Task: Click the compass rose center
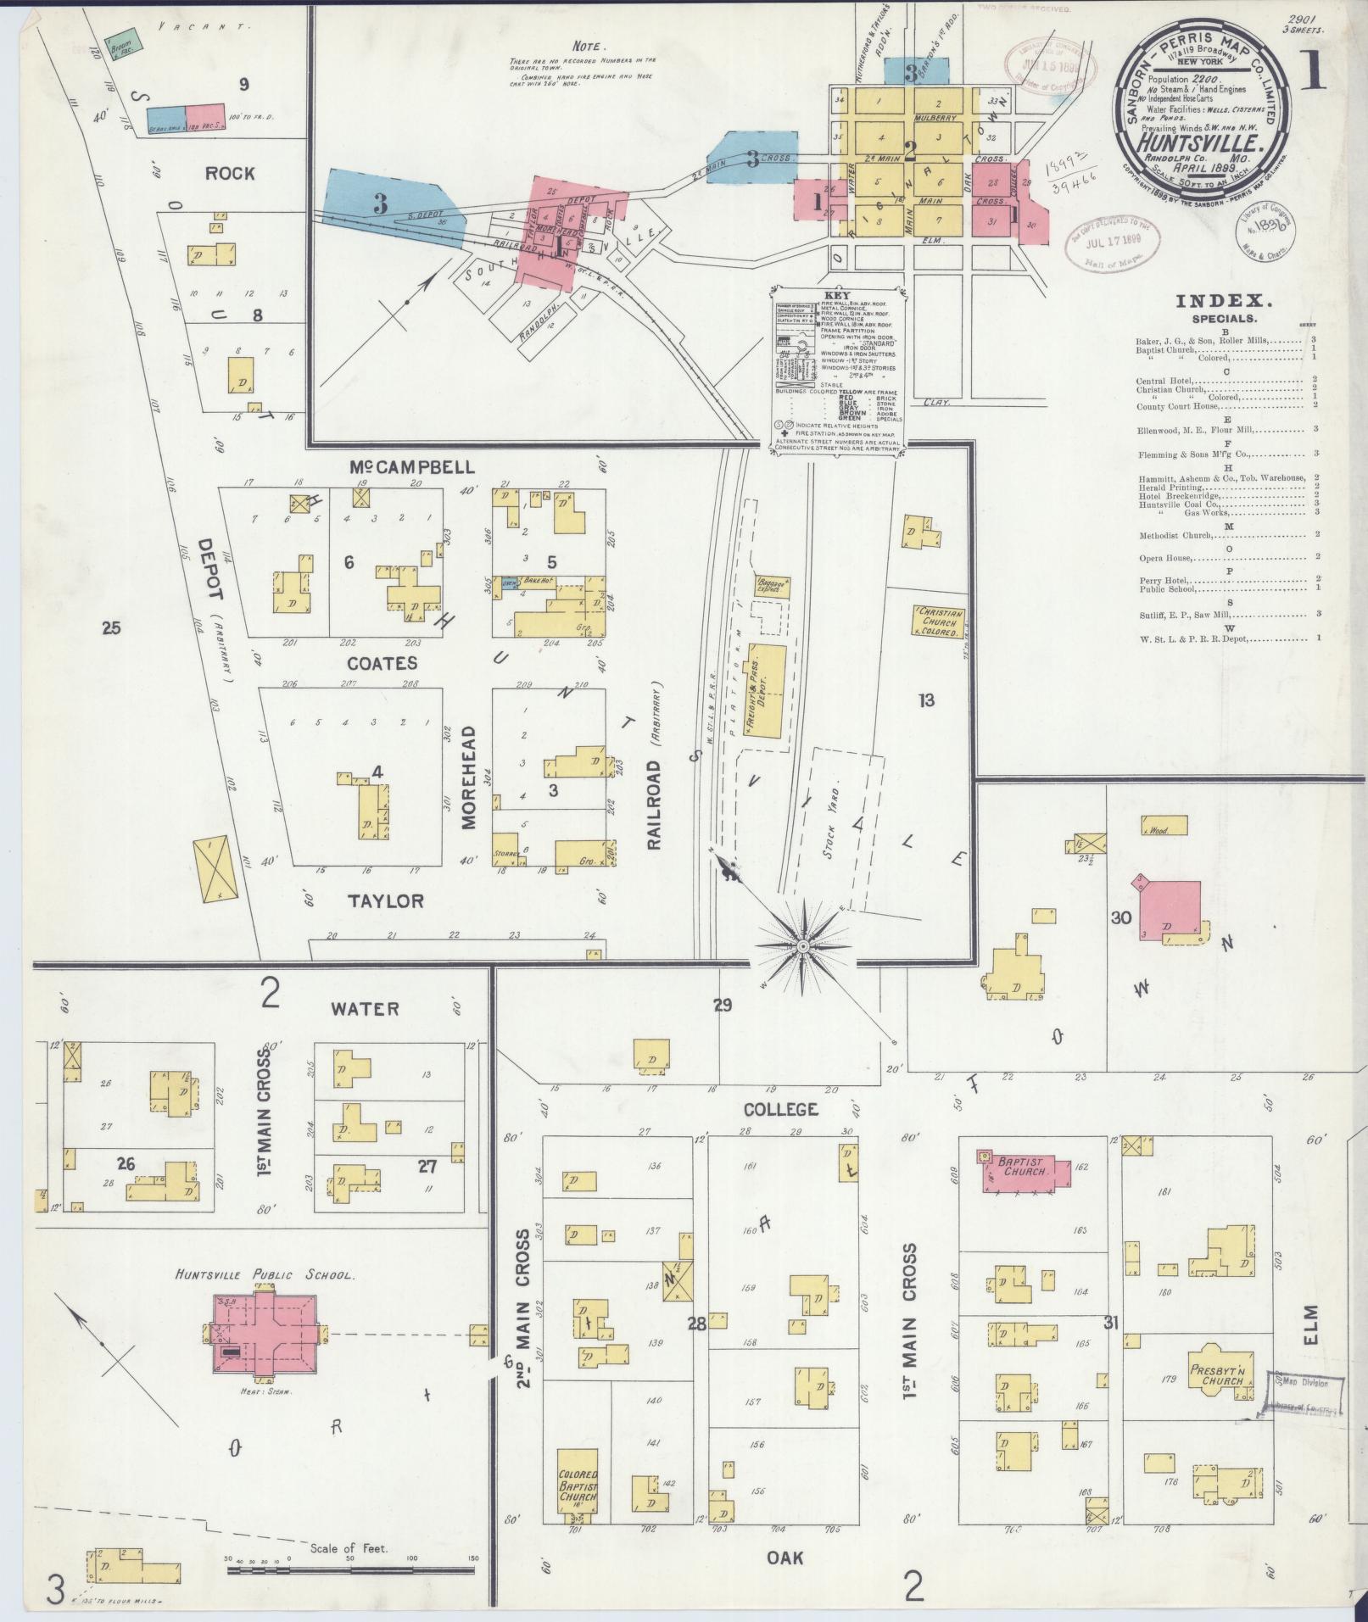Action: [x=802, y=945]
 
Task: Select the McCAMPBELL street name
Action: [x=412, y=467]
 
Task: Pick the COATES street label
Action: [x=382, y=662]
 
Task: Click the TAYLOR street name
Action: [x=386, y=900]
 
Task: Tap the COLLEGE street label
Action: [x=779, y=1108]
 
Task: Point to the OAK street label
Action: [x=784, y=1557]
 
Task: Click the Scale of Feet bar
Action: [x=351, y=1571]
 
